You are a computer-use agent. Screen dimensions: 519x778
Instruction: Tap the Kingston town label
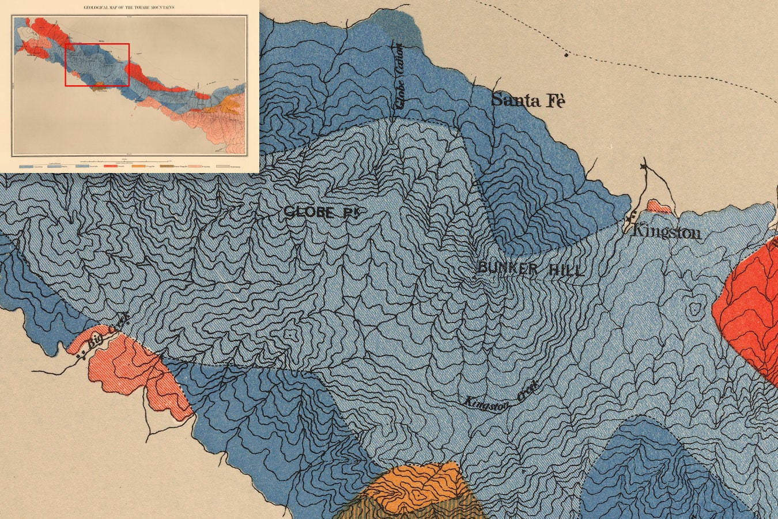point(667,232)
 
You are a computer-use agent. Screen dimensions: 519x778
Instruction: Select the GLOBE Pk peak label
point(326,212)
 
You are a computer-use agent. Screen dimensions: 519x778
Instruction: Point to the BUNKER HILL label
point(530,269)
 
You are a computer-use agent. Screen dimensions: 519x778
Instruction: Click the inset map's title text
point(129,7)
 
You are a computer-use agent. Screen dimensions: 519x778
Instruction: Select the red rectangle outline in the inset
point(97,65)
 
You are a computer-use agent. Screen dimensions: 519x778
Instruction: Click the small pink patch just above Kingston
point(659,206)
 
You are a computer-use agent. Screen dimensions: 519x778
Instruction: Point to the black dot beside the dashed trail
point(566,55)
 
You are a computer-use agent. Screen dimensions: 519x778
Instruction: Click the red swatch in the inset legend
point(110,167)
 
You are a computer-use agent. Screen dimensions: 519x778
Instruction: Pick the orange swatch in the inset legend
point(138,167)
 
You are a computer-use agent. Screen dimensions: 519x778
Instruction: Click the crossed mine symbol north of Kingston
point(644,167)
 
